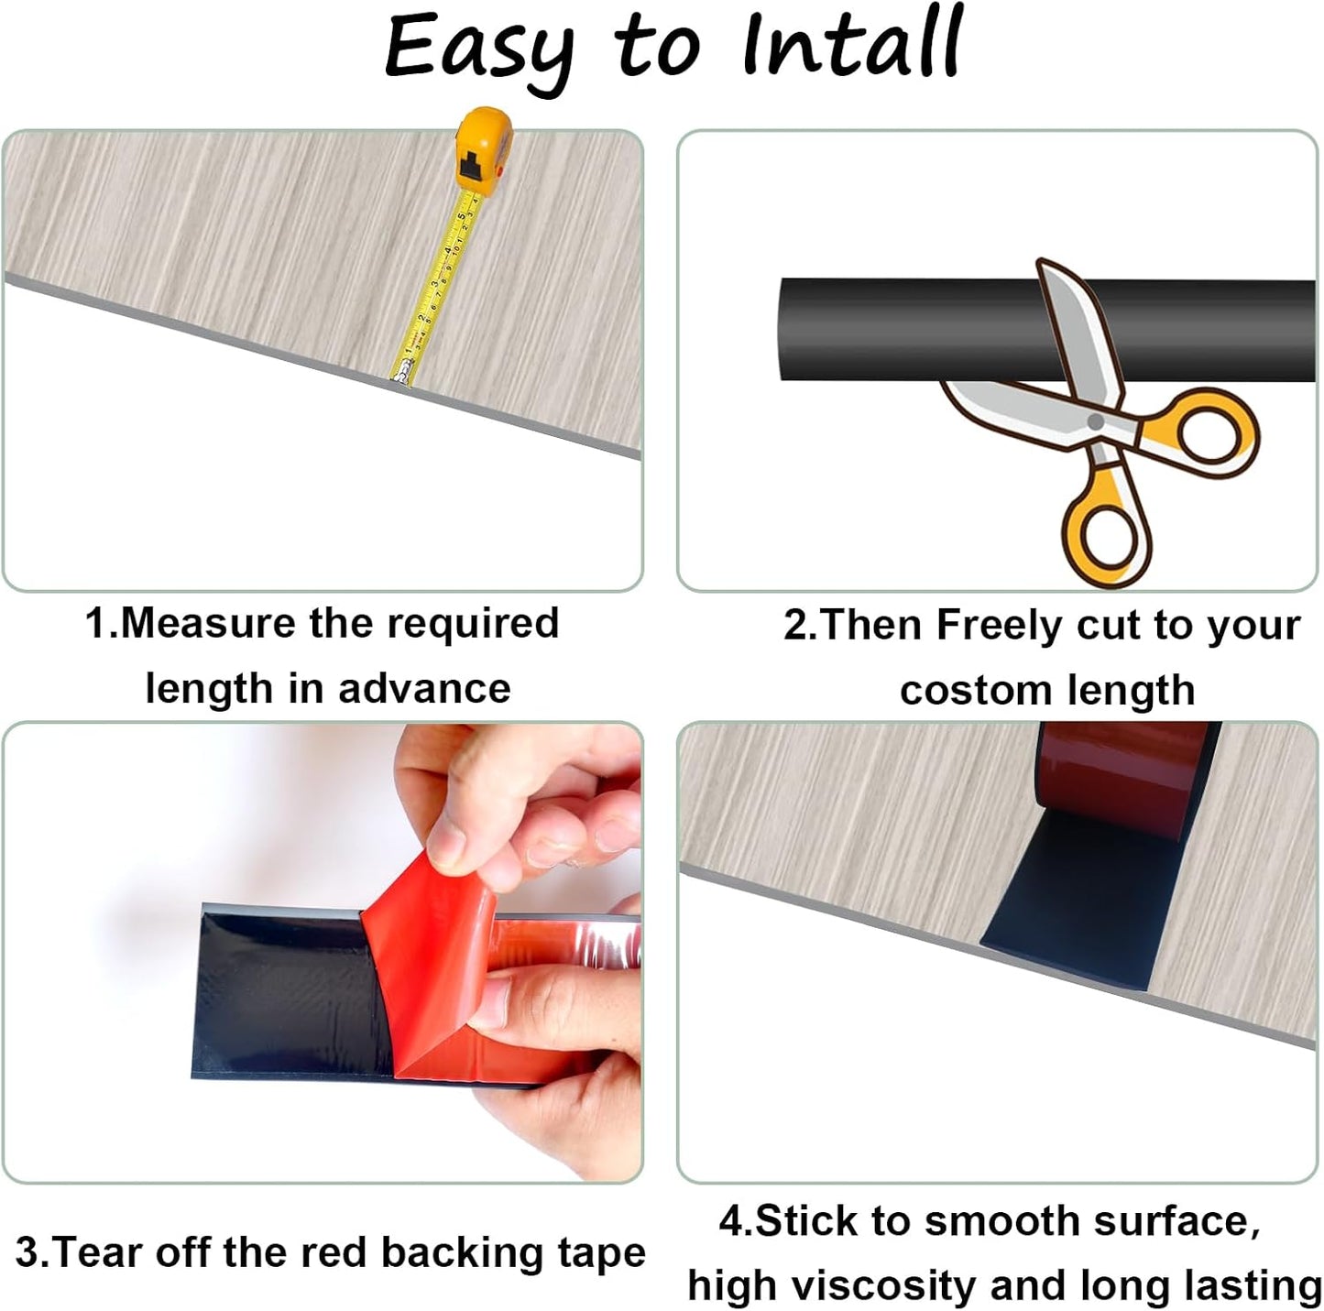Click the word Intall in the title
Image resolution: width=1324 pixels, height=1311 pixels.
(x=852, y=46)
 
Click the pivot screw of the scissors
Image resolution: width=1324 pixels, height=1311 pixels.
(x=1095, y=421)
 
